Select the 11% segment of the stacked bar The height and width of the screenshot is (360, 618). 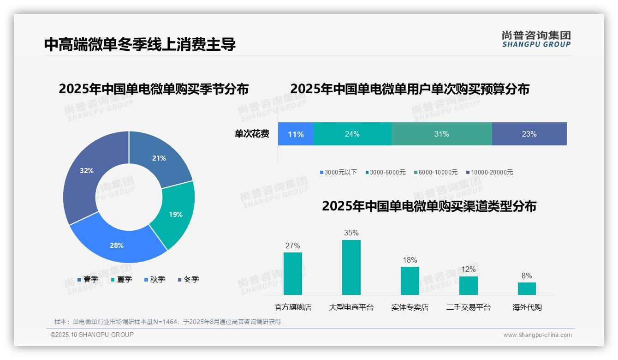tap(296, 134)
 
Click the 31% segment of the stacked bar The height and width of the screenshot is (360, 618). tap(441, 134)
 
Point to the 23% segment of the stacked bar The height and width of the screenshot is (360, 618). tap(529, 134)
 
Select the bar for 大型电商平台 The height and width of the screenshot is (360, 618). tap(351, 268)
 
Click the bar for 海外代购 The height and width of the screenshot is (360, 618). tap(527, 288)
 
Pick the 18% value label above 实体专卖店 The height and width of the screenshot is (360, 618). tap(410, 260)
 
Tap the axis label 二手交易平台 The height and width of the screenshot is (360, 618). tap(469, 307)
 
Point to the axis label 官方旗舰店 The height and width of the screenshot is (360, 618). tap(293, 307)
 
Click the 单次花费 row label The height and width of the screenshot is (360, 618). tap(252, 134)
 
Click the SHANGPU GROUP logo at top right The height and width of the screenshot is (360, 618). tap(536, 39)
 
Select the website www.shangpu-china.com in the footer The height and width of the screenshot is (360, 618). tap(537, 335)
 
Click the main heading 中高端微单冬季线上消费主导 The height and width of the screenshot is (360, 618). tap(140, 44)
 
